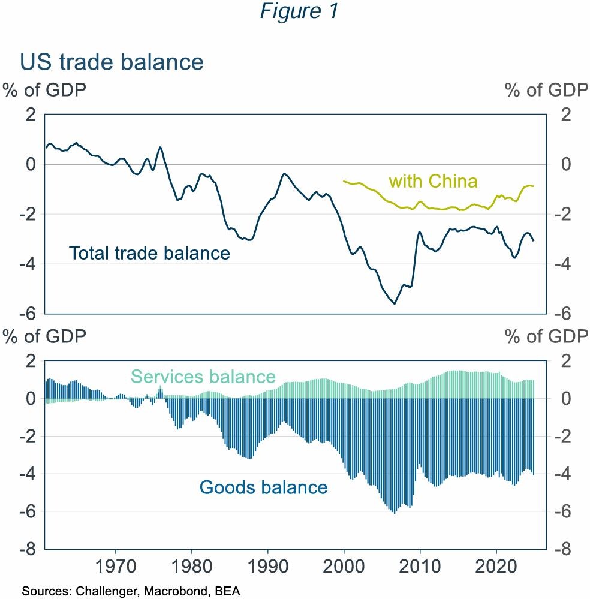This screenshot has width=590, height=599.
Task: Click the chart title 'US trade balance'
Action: point(112,62)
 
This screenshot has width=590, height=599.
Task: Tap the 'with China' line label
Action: point(433,181)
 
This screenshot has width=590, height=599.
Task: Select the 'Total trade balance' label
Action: point(149,253)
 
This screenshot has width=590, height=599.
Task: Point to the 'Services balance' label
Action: point(203,377)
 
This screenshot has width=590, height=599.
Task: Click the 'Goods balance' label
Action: point(263,487)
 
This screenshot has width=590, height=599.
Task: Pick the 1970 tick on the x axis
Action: point(115,566)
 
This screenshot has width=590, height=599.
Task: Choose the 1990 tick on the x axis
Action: point(267,566)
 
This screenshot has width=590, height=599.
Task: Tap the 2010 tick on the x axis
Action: point(420,566)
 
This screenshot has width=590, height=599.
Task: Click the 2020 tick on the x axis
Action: point(496,566)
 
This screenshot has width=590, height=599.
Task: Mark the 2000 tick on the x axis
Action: point(344,566)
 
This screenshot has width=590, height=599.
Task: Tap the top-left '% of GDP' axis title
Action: point(44,90)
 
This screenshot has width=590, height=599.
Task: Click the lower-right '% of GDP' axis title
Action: point(546,336)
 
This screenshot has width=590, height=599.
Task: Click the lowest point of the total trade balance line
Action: point(394,303)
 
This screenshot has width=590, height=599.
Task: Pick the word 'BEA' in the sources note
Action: point(228,591)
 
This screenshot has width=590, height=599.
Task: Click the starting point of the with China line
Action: point(344,180)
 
